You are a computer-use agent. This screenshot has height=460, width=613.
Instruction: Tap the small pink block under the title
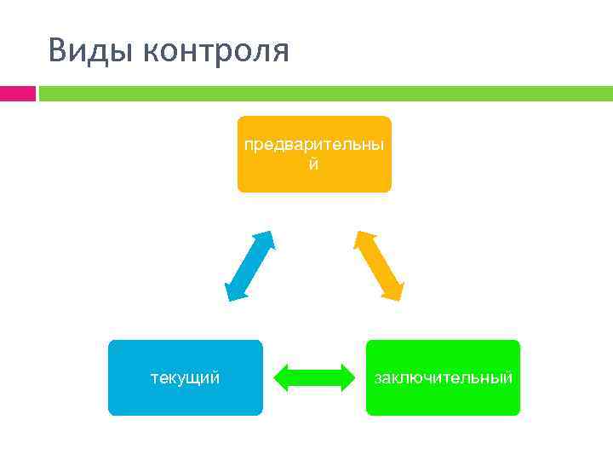[x=17, y=93]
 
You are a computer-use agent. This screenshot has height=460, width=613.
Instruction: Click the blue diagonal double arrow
[x=249, y=266]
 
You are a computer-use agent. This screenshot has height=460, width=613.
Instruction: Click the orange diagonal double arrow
[x=379, y=266]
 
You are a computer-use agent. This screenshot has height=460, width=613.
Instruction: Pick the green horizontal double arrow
[x=314, y=377]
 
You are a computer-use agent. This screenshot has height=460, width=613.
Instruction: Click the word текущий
[x=185, y=377]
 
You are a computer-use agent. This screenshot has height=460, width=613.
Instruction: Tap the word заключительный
[x=444, y=377]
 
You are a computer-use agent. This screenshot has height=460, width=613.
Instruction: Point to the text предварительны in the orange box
[x=314, y=144]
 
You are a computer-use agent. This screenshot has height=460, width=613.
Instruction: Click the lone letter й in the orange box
[x=314, y=164]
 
